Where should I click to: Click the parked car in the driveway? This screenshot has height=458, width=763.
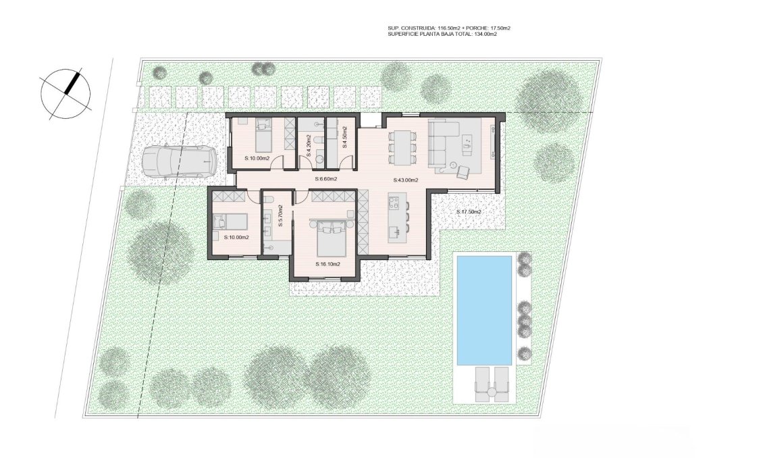click(x=180, y=162)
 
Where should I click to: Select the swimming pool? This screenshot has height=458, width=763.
click(x=483, y=309)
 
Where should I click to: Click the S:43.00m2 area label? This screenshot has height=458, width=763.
click(x=405, y=180)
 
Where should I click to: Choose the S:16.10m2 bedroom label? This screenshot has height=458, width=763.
click(x=327, y=264)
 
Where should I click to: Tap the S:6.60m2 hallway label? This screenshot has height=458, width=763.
click(x=326, y=179)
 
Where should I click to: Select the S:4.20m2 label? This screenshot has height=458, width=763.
click(x=309, y=147)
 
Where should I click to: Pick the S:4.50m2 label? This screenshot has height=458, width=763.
click(x=344, y=137)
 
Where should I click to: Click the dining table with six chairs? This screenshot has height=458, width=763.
click(x=402, y=146)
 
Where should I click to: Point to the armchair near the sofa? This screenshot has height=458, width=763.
click(x=463, y=172)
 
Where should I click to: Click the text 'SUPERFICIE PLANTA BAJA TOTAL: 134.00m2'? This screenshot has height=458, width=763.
click(x=442, y=34)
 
